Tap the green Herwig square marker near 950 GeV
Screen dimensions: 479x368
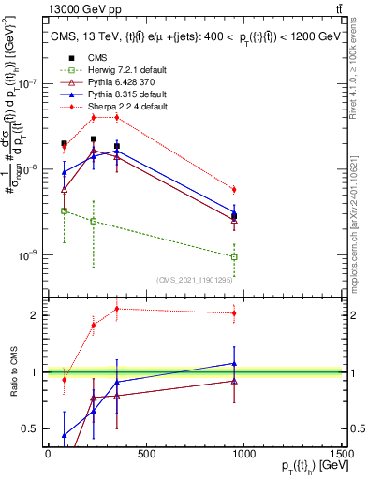234,256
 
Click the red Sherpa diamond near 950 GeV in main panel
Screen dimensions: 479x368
234,190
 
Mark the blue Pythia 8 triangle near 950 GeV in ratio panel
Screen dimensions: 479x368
234,363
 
